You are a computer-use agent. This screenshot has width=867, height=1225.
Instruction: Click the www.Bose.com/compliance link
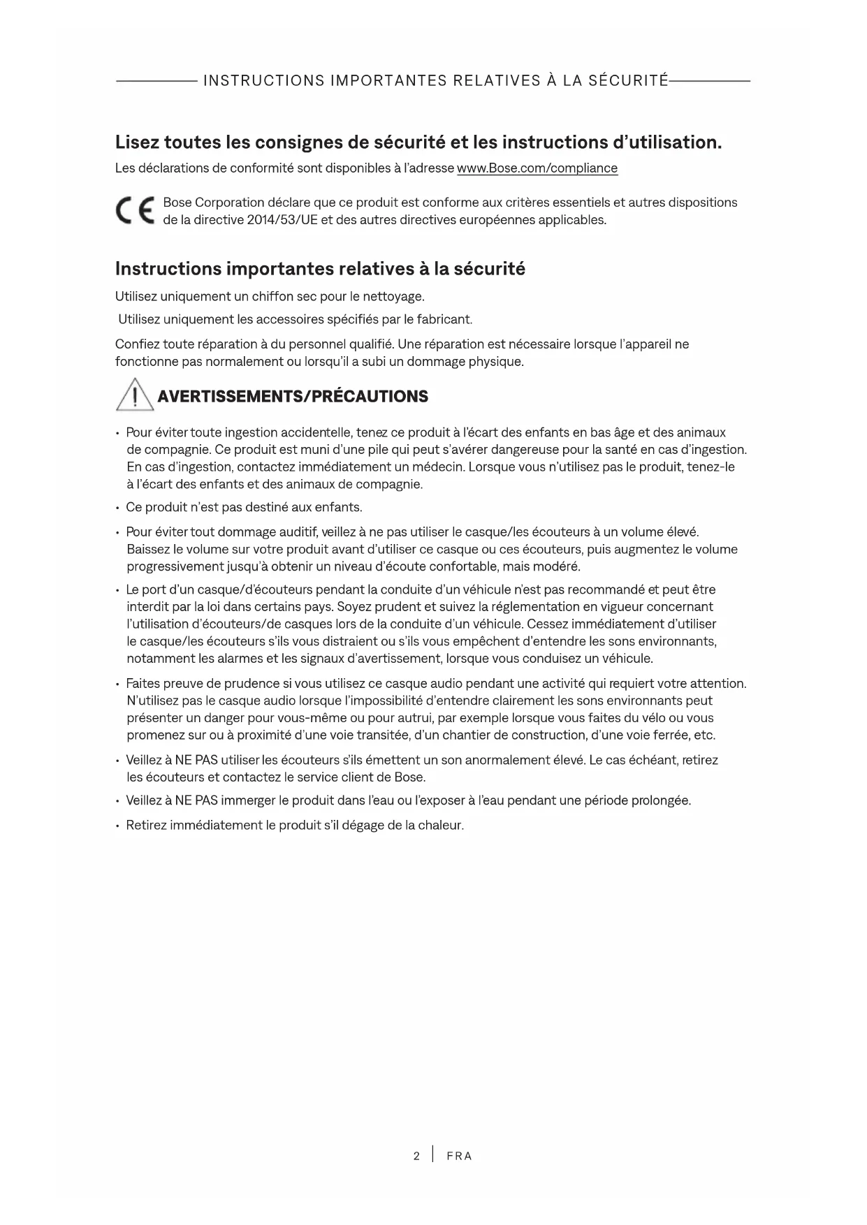point(537,168)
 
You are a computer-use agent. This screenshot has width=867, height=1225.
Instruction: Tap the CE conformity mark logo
point(136,211)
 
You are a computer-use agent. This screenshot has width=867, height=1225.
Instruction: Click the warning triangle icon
point(134,395)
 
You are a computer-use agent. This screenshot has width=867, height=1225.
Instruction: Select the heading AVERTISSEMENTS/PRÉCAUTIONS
point(293,397)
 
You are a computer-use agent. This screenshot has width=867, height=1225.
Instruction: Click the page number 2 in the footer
point(416,1156)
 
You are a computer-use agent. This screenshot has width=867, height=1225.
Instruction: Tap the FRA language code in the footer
point(459,1156)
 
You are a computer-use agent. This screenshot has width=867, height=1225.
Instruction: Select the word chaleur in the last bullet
point(441,826)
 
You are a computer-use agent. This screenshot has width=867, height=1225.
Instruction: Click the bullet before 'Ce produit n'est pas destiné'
point(118,508)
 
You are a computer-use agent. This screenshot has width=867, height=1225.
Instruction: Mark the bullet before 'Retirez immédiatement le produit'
point(118,826)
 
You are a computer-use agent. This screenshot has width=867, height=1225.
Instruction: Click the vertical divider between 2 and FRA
point(433,1154)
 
